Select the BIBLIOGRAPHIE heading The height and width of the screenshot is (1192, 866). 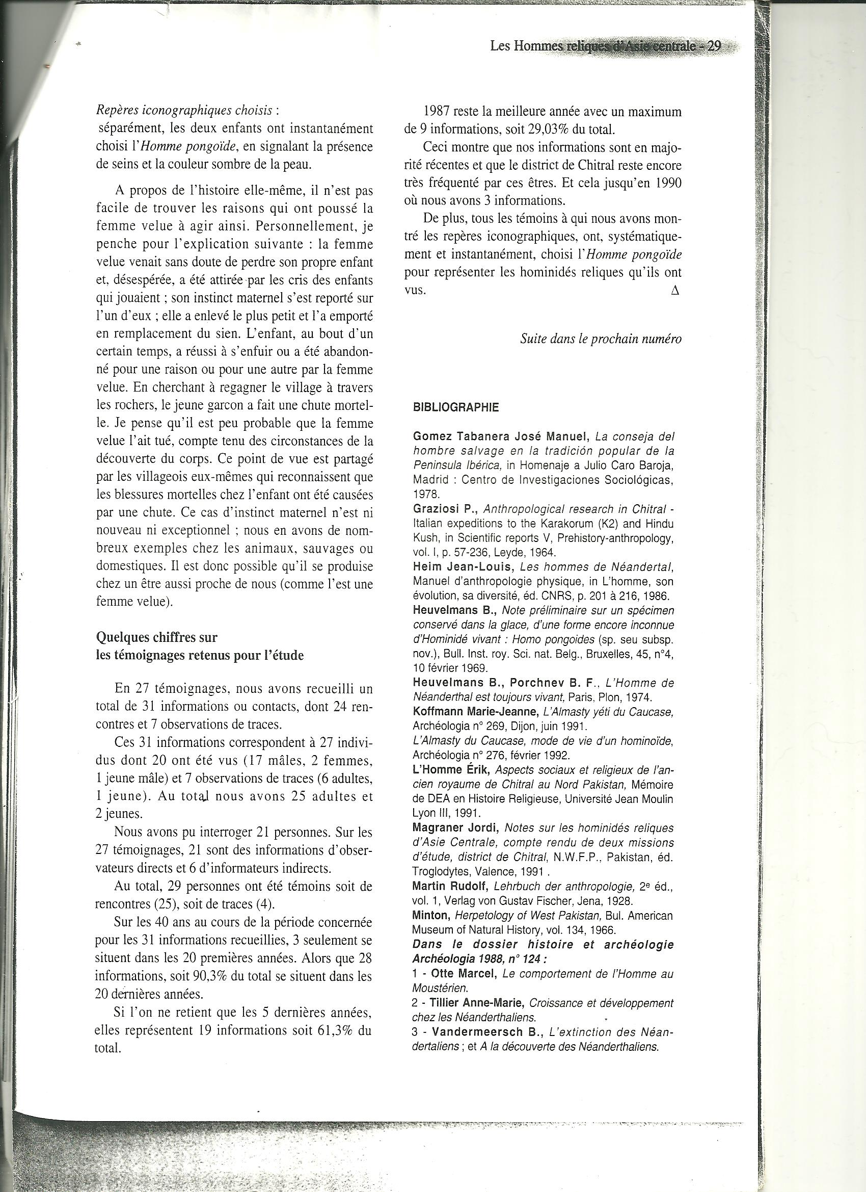pyautogui.click(x=456, y=407)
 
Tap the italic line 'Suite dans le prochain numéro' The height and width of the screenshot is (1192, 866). pyautogui.click(x=601, y=339)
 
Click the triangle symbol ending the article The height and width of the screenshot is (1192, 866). pyautogui.click(x=675, y=291)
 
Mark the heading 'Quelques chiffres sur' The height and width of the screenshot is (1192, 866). pyautogui.click(x=157, y=637)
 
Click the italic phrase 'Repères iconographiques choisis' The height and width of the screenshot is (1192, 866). pyautogui.click(x=184, y=111)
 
